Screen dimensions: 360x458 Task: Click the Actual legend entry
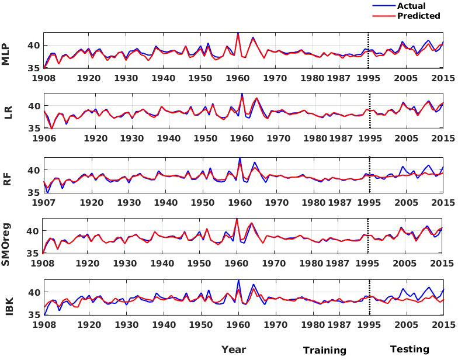point(411,6)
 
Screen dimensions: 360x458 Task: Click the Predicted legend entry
point(418,16)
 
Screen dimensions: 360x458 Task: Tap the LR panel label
point(8,113)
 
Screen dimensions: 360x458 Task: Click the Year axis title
point(233,349)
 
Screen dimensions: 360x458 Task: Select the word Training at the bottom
point(324,350)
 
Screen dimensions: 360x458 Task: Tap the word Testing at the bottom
point(409,349)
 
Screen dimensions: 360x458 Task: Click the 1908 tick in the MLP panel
point(44,78)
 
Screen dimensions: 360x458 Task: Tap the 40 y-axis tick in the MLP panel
point(33,46)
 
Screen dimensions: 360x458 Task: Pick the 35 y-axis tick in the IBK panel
point(33,314)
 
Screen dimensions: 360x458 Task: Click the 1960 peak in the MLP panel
point(238,33)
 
